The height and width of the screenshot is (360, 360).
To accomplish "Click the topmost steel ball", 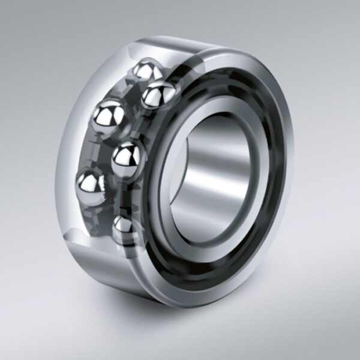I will point(144,73).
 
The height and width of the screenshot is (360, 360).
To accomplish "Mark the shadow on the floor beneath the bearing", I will point(180,318).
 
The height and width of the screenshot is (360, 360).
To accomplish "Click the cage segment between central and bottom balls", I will point(123,198).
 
